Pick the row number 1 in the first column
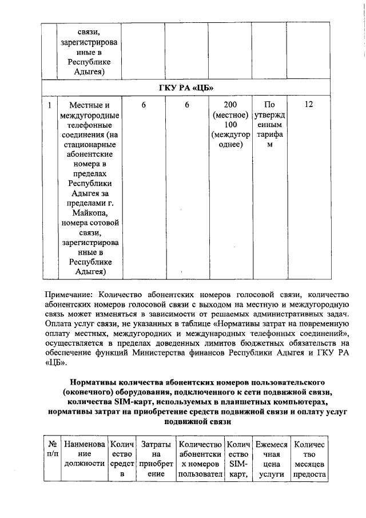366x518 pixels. click(50, 105)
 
